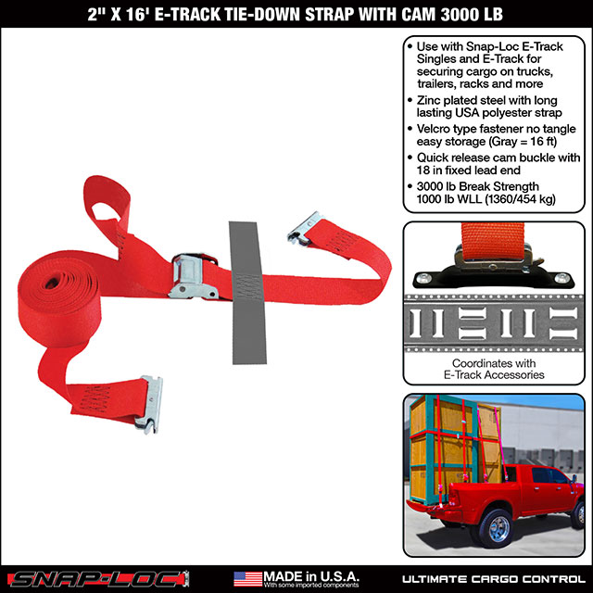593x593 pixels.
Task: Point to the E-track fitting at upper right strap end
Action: tap(307, 226)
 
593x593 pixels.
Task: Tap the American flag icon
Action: tap(247, 576)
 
